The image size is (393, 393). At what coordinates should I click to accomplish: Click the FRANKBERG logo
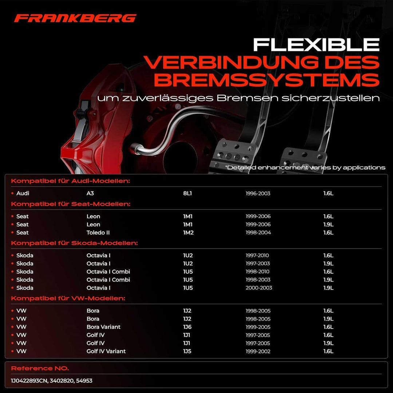(75, 18)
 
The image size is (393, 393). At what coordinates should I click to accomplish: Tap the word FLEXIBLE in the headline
(316, 45)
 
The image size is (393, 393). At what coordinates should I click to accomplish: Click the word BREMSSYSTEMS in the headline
(267, 80)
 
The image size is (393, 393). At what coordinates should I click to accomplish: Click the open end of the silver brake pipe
(134, 148)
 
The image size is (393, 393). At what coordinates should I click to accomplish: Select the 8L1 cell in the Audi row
(187, 193)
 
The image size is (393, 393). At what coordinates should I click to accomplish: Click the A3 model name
(90, 193)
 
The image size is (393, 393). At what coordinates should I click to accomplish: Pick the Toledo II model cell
(98, 233)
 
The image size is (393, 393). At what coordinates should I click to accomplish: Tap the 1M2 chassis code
(188, 233)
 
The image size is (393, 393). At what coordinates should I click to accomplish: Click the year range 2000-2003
(259, 288)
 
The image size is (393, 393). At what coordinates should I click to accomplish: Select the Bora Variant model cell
(103, 327)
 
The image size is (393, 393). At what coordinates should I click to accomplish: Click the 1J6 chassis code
(187, 327)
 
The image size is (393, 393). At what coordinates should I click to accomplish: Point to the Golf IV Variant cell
(106, 351)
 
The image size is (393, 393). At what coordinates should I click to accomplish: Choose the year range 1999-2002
(258, 352)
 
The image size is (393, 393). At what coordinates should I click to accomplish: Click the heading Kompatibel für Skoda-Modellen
(75, 243)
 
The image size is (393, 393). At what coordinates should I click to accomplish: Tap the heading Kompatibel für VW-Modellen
(68, 298)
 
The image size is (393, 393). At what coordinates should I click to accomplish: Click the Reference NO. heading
(40, 368)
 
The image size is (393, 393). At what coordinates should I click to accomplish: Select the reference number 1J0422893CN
(29, 381)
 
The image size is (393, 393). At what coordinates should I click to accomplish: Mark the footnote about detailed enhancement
(305, 167)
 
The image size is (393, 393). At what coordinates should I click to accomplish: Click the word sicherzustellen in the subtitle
(330, 98)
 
